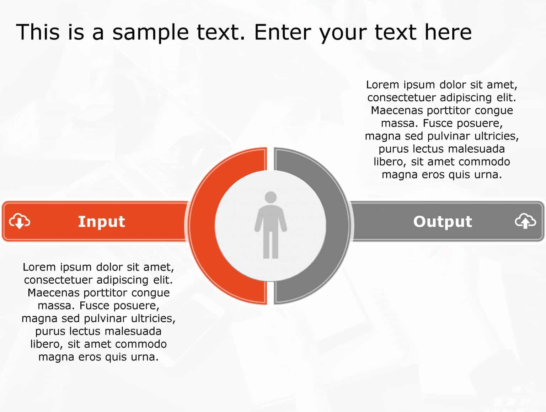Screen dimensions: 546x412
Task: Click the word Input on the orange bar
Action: click(102, 222)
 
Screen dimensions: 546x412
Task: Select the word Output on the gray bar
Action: click(443, 222)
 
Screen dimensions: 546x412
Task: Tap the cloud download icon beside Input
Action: click(20, 221)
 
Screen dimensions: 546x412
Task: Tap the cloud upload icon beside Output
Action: click(525, 221)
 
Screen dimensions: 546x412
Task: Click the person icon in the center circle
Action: click(271, 225)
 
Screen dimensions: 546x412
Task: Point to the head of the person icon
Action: click(271, 197)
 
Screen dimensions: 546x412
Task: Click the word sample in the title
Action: click(150, 33)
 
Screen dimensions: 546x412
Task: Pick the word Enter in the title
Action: click(283, 32)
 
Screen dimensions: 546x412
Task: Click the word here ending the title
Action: click(448, 32)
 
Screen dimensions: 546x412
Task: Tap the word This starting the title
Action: click(38, 32)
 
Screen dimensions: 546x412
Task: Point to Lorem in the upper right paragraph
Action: click(382, 85)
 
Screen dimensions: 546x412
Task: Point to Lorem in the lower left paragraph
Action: click(39, 267)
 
